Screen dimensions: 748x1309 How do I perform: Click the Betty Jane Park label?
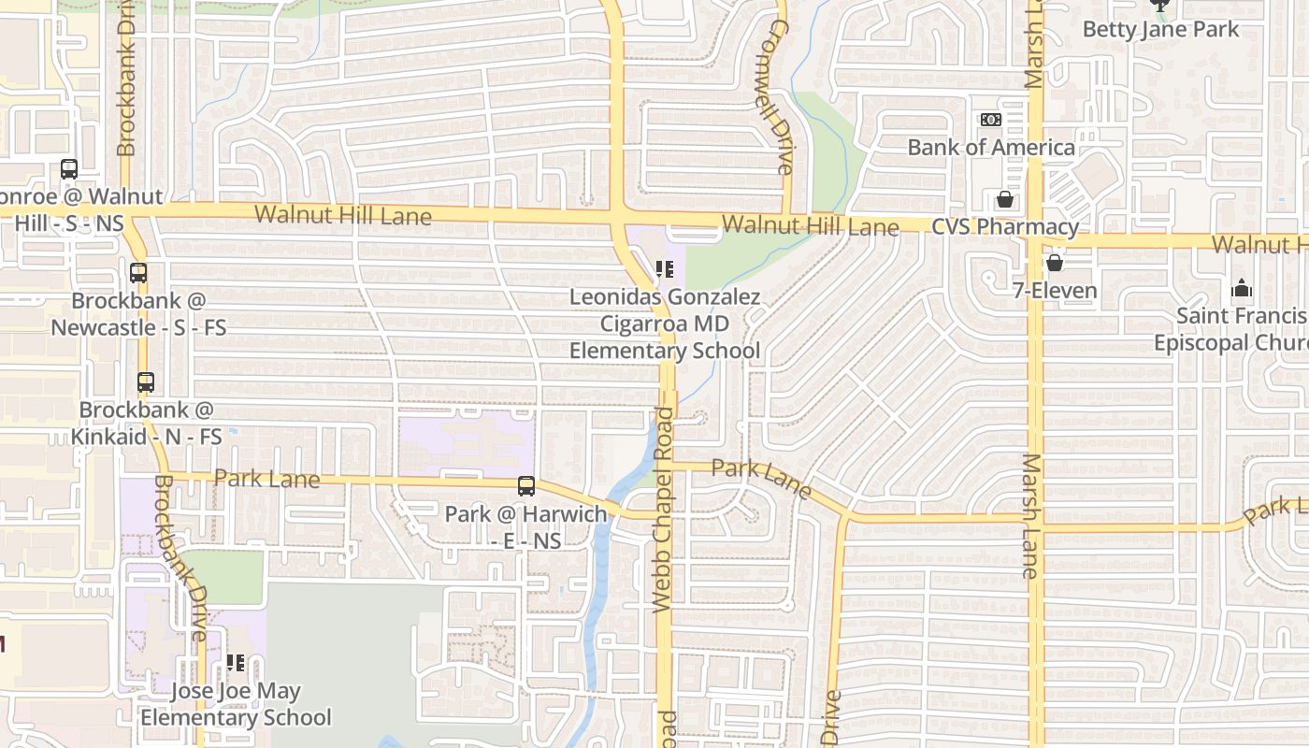tap(1160, 30)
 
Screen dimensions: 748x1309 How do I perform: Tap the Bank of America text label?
tap(991, 148)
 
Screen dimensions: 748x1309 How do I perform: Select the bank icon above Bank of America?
tap(990, 120)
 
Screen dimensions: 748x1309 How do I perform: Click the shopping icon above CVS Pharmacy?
tap(1004, 199)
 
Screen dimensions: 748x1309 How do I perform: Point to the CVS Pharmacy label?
tap(1005, 227)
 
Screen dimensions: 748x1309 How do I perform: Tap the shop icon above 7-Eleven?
tap(1055, 263)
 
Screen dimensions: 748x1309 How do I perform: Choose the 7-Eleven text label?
tap(1055, 291)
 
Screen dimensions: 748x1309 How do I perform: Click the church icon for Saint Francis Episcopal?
tap(1242, 288)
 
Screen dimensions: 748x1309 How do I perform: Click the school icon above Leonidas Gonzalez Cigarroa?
tap(665, 270)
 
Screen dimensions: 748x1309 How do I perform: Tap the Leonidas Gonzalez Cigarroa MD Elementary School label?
tap(665, 324)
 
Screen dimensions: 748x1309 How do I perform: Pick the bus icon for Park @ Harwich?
tap(526, 486)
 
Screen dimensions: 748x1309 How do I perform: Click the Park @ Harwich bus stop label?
tap(525, 527)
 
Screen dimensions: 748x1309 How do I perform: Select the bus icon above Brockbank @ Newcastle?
tap(138, 273)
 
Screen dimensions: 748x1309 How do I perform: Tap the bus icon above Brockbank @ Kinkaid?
tap(145, 382)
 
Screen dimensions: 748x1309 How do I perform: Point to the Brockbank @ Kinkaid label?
tap(147, 424)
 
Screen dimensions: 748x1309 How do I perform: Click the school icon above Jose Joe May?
tap(236, 663)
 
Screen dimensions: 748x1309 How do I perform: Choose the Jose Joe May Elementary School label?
tap(236, 705)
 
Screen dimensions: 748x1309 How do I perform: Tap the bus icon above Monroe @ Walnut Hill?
tap(69, 169)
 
